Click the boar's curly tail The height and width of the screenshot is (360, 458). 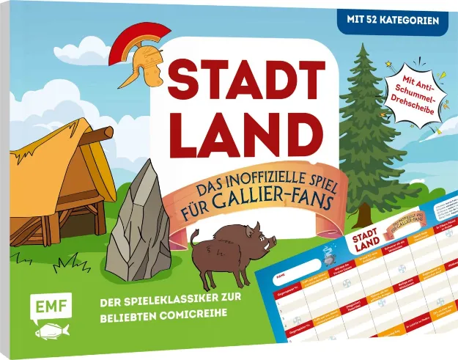(x=194, y=236)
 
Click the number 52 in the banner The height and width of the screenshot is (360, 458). (x=383, y=21)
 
